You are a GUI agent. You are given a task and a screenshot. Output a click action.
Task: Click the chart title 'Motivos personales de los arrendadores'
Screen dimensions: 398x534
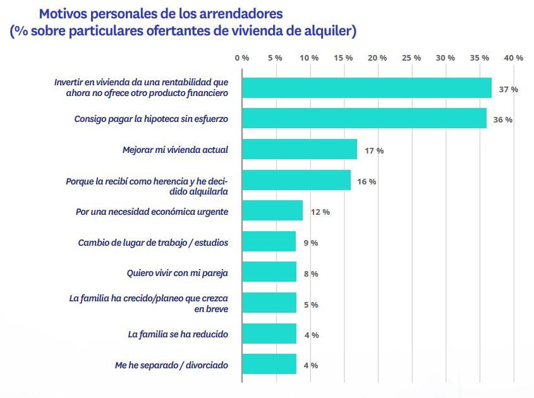[x=161, y=13]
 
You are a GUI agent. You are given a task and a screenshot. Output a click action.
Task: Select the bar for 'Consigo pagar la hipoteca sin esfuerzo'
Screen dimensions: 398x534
[x=364, y=119]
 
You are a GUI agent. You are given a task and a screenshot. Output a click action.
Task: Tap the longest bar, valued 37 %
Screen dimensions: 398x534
[x=367, y=88]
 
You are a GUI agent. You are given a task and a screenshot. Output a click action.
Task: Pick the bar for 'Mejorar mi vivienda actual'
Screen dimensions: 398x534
[x=300, y=150]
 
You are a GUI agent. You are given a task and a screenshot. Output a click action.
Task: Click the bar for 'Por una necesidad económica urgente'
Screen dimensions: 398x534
[x=272, y=211]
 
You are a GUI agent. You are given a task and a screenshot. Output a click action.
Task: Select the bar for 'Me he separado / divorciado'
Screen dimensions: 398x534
[x=269, y=365]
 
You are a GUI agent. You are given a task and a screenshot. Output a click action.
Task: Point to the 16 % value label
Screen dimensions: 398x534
[x=367, y=181]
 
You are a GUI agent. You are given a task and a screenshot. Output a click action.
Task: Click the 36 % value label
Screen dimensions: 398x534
[x=502, y=120]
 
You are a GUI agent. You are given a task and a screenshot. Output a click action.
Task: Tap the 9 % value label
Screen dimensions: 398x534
[x=310, y=243]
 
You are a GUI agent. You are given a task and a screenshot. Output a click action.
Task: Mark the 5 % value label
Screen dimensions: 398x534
[x=310, y=305]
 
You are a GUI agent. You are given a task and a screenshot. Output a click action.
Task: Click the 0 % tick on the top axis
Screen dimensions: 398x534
[x=241, y=57]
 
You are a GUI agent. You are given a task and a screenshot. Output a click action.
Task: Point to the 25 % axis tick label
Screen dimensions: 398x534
[x=411, y=57]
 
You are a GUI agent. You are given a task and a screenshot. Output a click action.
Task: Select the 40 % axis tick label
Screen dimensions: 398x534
[x=513, y=57]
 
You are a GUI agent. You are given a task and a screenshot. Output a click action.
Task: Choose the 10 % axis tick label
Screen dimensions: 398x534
[x=309, y=57]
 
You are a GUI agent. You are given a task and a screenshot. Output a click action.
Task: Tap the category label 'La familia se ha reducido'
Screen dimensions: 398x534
[x=178, y=334]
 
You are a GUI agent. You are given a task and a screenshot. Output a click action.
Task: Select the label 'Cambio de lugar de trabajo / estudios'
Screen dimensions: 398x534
[x=153, y=243]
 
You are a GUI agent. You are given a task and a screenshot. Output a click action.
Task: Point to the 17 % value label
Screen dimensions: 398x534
[x=373, y=151]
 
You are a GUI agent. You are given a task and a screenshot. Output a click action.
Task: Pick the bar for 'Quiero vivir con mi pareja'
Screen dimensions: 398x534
[x=269, y=272]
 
